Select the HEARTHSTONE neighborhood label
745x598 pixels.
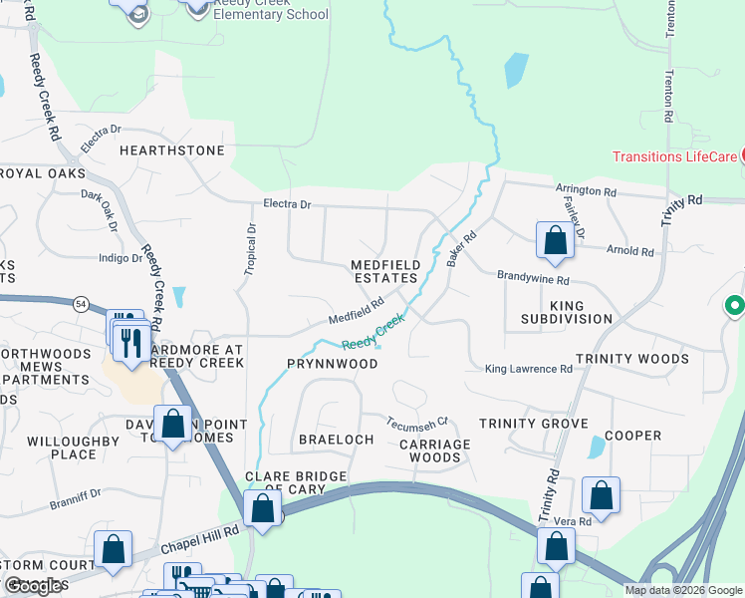pos(172,150)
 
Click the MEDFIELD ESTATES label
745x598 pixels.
pos(385,272)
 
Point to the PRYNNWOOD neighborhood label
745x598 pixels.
pos(334,364)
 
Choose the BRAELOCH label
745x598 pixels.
pos(336,440)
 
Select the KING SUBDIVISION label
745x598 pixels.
pos(567,312)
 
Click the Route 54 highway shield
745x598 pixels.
pos(77,303)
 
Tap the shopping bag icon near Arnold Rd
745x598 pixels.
pos(555,240)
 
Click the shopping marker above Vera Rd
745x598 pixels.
pos(602,495)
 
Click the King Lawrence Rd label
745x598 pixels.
pos(528,369)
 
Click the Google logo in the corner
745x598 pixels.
pos(34,586)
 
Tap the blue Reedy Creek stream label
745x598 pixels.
pos(373,332)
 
